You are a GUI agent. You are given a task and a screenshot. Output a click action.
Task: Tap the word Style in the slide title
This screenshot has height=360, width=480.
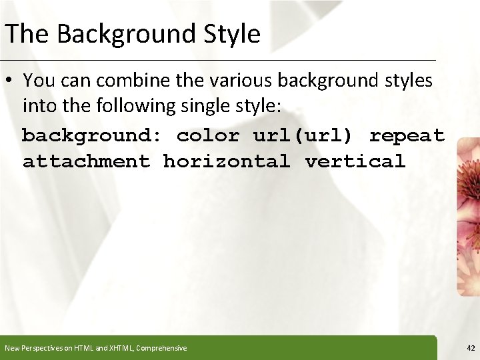coord(233,33)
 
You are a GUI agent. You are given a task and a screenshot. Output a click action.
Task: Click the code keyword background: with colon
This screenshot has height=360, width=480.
coord(92,135)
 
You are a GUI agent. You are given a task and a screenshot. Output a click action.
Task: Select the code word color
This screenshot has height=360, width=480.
coord(207,135)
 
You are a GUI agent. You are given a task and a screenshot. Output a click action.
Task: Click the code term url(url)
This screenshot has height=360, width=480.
coord(303,135)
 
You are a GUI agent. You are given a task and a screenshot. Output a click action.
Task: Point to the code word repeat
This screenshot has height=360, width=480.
coord(407,135)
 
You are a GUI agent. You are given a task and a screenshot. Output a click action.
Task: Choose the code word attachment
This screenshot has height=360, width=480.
coord(86,161)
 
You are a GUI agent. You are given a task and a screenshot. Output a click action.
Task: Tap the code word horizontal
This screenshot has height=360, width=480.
coord(227,161)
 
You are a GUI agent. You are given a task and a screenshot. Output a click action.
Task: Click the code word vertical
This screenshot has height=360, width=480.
coord(355,161)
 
